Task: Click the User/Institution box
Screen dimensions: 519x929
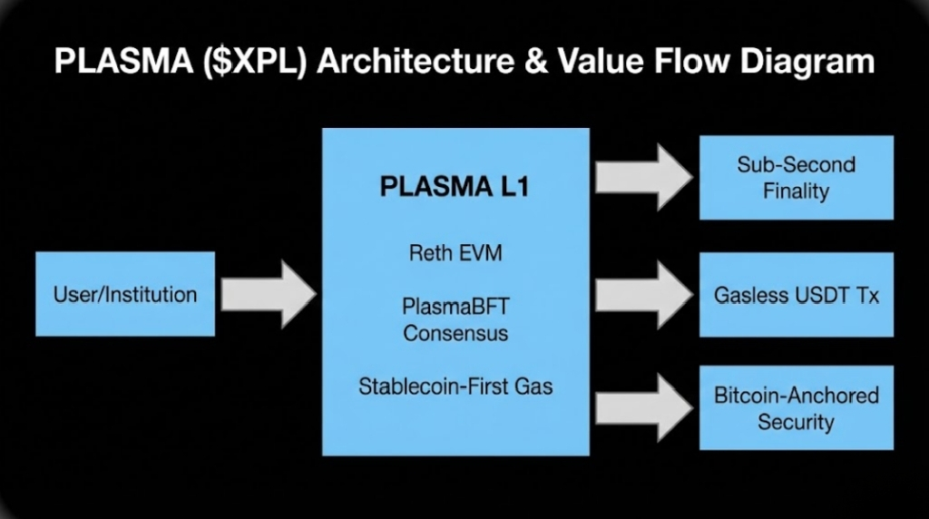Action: point(125,294)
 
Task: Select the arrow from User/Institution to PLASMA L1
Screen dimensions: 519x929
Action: point(269,294)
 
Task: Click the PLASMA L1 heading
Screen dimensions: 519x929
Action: point(455,188)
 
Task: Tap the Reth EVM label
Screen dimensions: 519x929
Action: point(455,253)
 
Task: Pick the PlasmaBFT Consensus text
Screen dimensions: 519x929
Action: point(455,319)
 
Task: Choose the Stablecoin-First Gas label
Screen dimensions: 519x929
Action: point(455,387)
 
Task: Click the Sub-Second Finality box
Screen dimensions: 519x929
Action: point(796,177)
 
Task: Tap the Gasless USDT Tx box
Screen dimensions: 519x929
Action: point(796,295)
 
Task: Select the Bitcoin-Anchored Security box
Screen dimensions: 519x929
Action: point(796,408)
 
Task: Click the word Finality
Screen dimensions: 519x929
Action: point(796,191)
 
